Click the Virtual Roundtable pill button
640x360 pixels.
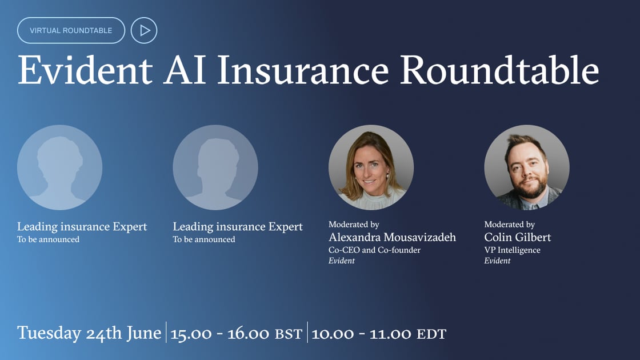point(71,30)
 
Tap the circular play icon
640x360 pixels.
point(144,30)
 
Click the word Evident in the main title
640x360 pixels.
point(85,71)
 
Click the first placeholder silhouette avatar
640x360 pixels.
point(59,167)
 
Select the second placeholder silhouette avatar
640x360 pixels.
point(215,167)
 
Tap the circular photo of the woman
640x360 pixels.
point(371,167)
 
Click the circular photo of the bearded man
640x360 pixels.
point(526,167)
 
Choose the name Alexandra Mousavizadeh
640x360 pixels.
point(392,237)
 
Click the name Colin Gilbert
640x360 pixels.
point(517,237)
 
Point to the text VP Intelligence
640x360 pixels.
point(512,250)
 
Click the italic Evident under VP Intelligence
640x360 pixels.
point(497,261)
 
